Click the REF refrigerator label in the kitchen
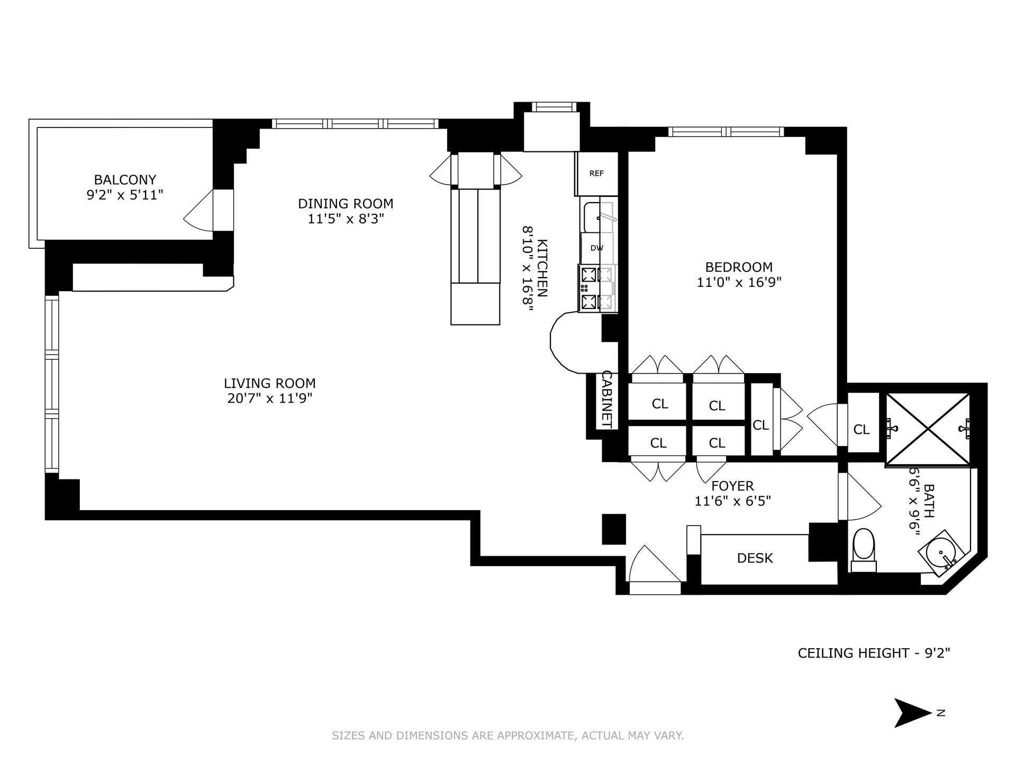(596, 174)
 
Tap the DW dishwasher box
(596, 248)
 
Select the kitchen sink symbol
(598, 216)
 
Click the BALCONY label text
(125, 180)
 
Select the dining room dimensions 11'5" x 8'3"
(346, 219)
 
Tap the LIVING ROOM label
(269, 383)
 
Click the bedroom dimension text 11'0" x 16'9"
(739, 283)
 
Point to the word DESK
(755, 558)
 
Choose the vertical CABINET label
(607, 400)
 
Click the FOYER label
(732, 486)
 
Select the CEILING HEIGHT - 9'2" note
(874, 653)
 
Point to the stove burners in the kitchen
(589, 289)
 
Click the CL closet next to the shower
(861, 430)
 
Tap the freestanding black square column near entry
(614, 529)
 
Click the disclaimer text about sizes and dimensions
(507, 736)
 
